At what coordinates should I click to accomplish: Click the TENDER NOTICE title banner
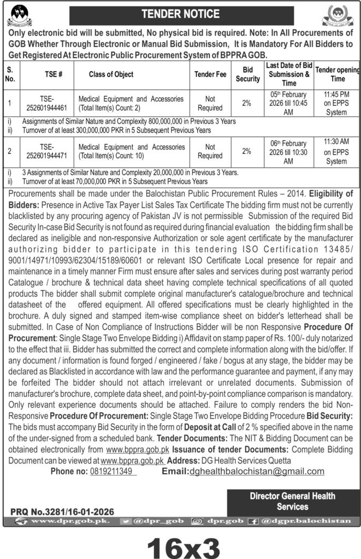click(180, 14)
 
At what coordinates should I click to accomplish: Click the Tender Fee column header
click(210, 74)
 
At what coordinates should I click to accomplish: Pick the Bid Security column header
click(247, 74)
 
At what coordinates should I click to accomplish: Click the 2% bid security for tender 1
click(247, 103)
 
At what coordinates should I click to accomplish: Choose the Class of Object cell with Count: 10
click(131, 151)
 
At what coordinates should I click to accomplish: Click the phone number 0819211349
click(113, 471)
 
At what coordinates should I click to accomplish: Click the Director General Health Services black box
click(292, 501)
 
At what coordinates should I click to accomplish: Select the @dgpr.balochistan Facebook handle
click(312, 521)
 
